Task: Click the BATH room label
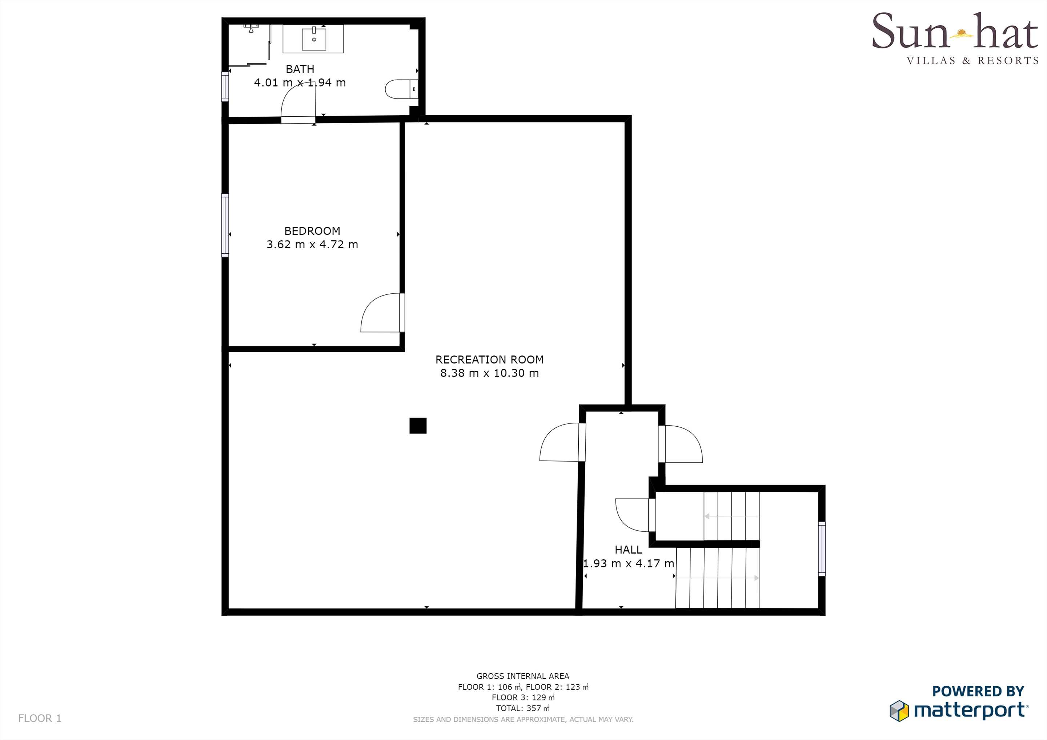(x=300, y=69)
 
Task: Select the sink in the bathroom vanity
(x=314, y=39)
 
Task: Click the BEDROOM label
(x=312, y=231)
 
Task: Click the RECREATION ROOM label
(x=489, y=360)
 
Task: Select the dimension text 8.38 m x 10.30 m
(x=489, y=373)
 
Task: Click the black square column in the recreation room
(x=418, y=425)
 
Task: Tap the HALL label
(x=628, y=550)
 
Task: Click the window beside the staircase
(x=821, y=548)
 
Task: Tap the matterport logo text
(x=970, y=710)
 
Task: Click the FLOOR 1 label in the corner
(x=40, y=719)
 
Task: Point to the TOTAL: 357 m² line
(x=522, y=708)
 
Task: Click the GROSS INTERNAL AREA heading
(x=522, y=676)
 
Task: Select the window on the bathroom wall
(x=225, y=86)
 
